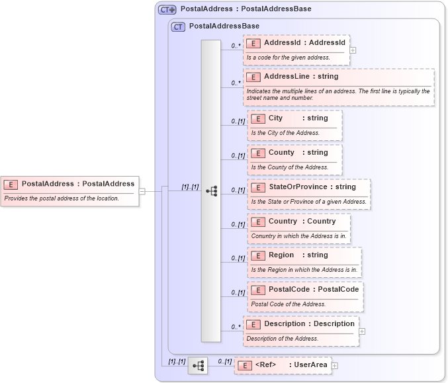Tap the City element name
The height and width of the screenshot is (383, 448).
(x=275, y=118)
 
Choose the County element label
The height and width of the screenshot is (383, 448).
(x=281, y=153)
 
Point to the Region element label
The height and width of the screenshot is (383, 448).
(x=281, y=255)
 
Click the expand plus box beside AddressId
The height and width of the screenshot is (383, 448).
(x=353, y=50)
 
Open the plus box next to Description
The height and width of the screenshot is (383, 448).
(x=362, y=331)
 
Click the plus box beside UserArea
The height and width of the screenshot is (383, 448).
(x=335, y=365)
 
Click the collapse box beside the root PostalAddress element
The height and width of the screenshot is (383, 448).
(x=142, y=192)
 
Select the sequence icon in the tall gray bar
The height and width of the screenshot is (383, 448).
(x=211, y=191)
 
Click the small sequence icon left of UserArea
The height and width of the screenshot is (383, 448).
(x=197, y=365)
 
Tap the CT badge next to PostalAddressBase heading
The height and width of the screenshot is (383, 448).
(x=177, y=27)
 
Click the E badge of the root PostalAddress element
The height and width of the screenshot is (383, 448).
(x=11, y=184)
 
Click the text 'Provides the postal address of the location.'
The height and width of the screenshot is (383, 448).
(x=62, y=198)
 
